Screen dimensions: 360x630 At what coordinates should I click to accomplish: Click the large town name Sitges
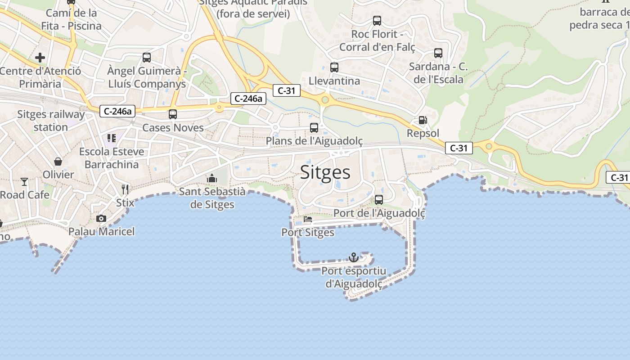coord(325,172)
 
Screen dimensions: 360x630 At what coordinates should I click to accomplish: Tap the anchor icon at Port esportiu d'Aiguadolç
coord(354,257)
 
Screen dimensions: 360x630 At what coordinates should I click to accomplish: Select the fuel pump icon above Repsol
coord(423,120)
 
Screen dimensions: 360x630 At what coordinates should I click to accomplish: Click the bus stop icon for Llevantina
coord(334,67)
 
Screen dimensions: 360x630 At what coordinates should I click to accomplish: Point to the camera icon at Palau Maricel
coord(101,218)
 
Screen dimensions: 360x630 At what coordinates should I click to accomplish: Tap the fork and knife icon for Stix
coord(125,189)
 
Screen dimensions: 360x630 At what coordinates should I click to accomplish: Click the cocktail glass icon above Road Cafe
coord(24,182)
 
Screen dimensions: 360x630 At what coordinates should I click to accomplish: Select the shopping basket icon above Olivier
coord(58,161)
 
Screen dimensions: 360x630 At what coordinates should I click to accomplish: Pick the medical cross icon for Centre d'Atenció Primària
coord(40,58)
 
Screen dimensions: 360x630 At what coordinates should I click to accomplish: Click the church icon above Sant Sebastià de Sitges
coord(212,179)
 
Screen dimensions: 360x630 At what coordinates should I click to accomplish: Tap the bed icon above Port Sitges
coord(308,219)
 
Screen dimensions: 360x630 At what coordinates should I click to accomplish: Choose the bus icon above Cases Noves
coord(173,114)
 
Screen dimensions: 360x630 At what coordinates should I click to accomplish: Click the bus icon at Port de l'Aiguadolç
coord(379,200)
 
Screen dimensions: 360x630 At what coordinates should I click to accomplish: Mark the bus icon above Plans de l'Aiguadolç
coord(314,128)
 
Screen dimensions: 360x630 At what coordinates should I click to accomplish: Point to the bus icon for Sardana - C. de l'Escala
coord(438,53)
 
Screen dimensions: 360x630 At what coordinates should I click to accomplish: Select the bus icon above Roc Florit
coord(377,21)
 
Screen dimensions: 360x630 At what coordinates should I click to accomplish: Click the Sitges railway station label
coord(51,121)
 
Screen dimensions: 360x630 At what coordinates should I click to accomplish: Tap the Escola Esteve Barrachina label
coord(112,158)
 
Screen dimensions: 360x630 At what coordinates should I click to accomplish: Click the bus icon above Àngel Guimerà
coord(147,58)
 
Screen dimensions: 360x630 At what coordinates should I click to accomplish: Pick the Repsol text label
coord(423,133)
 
